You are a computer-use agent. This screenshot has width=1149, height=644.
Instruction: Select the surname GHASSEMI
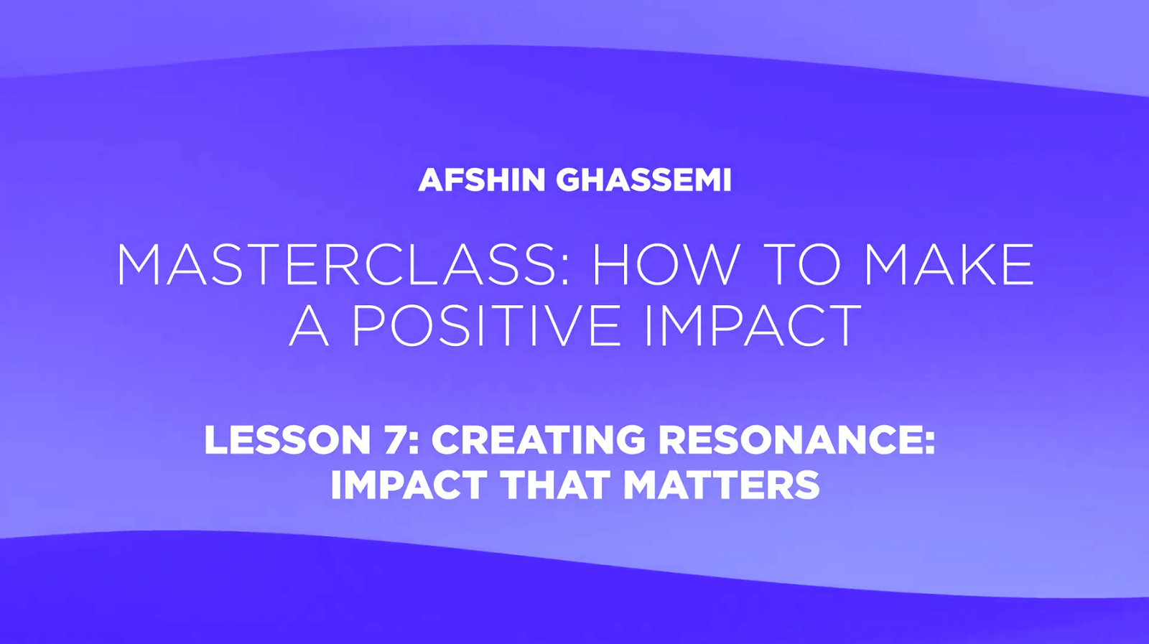[x=643, y=180]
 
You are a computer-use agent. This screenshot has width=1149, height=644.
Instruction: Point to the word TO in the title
[x=804, y=265]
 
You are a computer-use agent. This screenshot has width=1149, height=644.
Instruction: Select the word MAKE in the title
[x=949, y=265]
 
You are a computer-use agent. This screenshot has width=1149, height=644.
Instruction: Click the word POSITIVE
[x=488, y=325]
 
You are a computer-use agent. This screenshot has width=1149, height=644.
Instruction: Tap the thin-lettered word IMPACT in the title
[x=753, y=325]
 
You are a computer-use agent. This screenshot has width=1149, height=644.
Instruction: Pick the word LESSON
[x=287, y=440]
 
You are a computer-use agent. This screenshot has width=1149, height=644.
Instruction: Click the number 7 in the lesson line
[x=395, y=440]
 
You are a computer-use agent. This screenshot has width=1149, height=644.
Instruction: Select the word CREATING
[x=538, y=440]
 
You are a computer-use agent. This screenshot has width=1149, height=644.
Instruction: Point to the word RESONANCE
[x=791, y=440]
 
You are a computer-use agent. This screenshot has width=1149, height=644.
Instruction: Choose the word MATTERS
[x=722, y=485]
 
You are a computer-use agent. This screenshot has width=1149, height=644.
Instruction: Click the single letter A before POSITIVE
[x=309, y=325]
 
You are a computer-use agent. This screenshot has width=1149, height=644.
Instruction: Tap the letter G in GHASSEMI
[x=569, y=180]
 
